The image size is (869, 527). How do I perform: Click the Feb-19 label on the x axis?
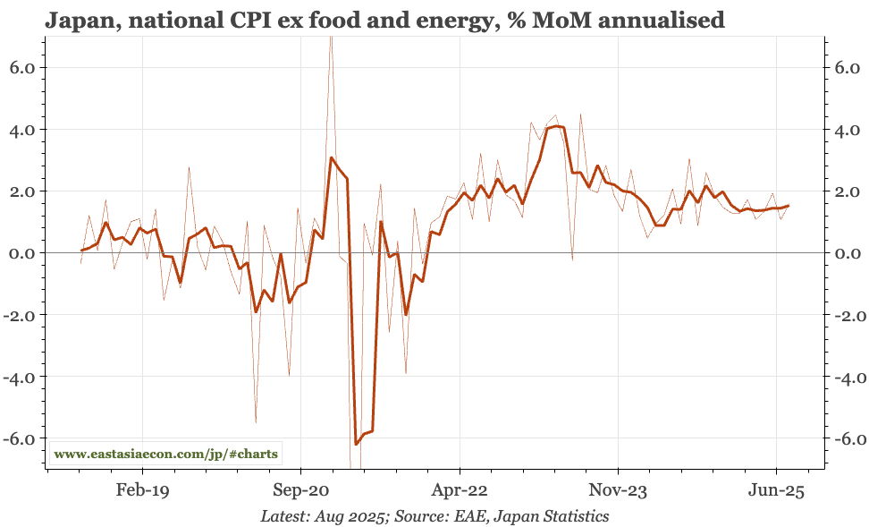143,491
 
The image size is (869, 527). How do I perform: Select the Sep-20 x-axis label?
301,491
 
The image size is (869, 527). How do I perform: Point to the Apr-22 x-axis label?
460,491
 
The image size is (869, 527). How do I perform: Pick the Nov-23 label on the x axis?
618,491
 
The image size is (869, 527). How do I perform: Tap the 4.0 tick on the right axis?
845,130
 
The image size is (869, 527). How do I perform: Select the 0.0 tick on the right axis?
845,253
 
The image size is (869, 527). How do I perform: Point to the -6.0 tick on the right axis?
842,439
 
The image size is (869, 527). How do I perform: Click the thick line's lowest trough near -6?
356,444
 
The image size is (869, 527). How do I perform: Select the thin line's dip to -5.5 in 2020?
256,421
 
